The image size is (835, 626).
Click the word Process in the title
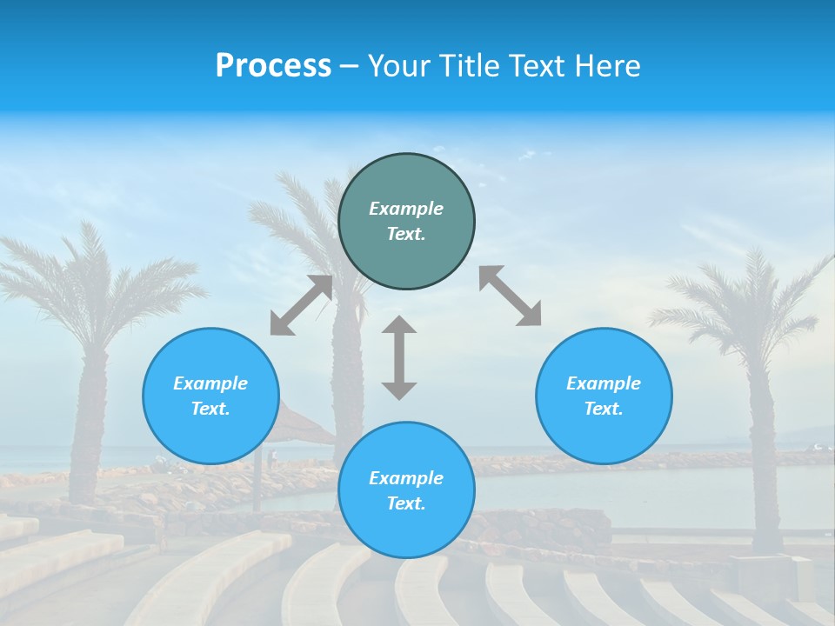coord(273,66)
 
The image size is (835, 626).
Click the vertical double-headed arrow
coord(399,357)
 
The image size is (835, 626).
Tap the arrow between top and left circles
coord(301,305)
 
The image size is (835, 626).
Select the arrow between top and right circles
coord(511,296)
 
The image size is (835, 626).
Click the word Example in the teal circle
coord(406,209)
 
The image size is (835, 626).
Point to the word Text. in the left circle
coord(210,409)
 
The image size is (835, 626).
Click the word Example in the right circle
coord(604,383)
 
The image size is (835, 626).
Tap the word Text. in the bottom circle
coord(406,503)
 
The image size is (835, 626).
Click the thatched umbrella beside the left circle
coord(300,426)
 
